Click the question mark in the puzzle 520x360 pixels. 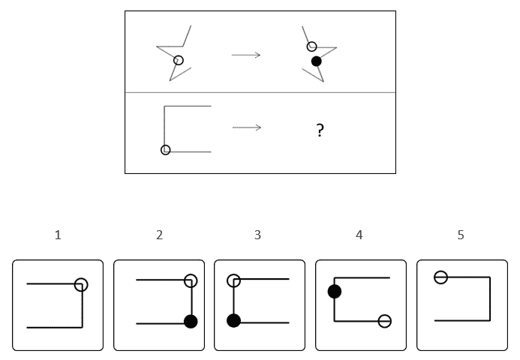[x=320, y=131]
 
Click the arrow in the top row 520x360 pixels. [x=246, y=54]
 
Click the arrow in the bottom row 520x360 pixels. [x=246, y=127]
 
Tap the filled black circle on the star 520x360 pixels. [x=317, y=61]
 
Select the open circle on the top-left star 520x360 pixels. [x=179, y=61]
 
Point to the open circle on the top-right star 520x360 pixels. [x=312, y=46]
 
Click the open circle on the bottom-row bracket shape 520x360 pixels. [x=166, y=150]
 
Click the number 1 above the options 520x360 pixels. [x=58, y=235]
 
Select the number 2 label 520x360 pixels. [x=159, y=235]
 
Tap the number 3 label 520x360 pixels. [x=257, y=235]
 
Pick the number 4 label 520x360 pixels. [x=359, y=235]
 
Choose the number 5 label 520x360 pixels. [x=461, y=235]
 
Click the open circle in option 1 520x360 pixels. [x=81, y=284]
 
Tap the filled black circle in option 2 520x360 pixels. [x=191, y=322]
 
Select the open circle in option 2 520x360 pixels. [x=191, y=280]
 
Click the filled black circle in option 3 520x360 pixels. [x=234, y=321]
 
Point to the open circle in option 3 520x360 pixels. [x=234, y=280]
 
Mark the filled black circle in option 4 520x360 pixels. [x=335, y=291]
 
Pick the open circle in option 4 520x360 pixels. [x=384, y=321]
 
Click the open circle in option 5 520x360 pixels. [x=441, y=277]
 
